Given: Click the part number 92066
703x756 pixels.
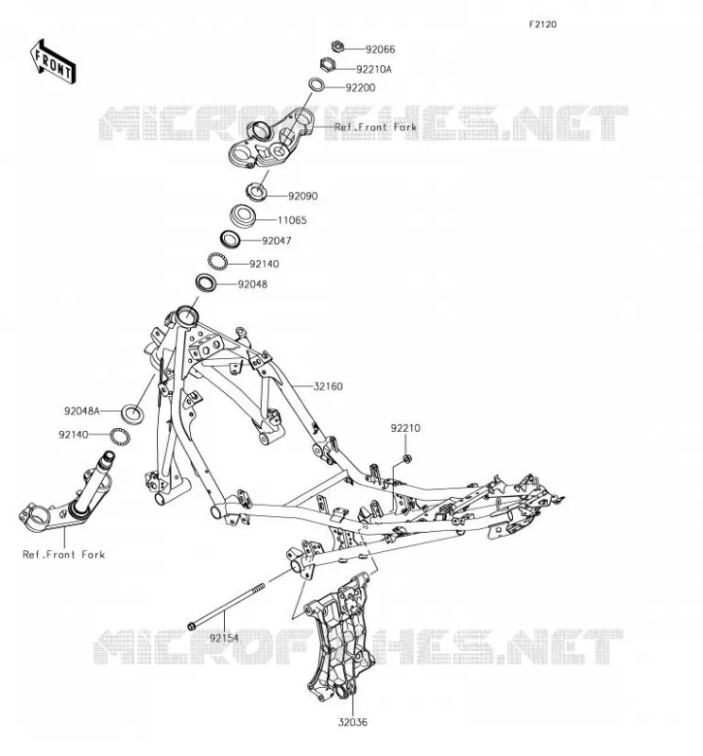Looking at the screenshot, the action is click(x=380, y=49).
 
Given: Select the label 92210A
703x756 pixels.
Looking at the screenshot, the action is click(x=373, y=69).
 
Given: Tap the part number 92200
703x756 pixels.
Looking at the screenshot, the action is click(x=360, y=88).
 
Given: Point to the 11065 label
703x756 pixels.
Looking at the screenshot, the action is click(x=292, y=220).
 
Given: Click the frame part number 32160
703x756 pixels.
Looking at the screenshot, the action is click(x=328, y=387).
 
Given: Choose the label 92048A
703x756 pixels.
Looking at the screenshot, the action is click(x=82, y=411).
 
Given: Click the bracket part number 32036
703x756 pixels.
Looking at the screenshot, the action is click(x=352, y=722).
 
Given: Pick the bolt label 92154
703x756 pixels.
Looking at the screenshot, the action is click(x=224, y=639).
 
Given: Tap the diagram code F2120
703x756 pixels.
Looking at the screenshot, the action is click(x=542, y=25).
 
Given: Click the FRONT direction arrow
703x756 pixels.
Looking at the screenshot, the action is click(x=53, y=62).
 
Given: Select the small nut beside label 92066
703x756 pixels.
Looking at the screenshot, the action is click(x=337, y=46).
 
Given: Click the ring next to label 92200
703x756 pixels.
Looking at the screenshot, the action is click(x=317, y=84).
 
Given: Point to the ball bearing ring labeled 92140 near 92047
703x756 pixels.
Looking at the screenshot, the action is click(x=217, y=261).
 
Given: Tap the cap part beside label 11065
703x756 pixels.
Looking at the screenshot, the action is click(x=242, y=215).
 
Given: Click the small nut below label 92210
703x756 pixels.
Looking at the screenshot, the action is click(x=406, y=458).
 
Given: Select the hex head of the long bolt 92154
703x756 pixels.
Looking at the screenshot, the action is click(x=191, y=627).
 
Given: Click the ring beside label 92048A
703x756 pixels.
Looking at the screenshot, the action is click(x=132, y=414).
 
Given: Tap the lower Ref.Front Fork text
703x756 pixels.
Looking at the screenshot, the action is click(x=63, y=555).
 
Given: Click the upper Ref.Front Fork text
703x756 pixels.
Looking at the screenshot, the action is click(x=376, y=128).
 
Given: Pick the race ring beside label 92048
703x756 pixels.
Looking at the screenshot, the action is click(x=205, y=282).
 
